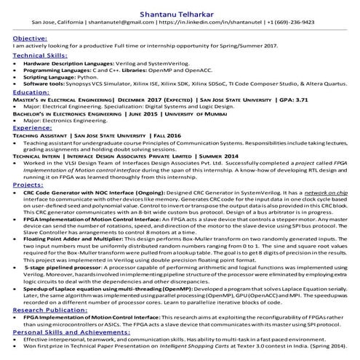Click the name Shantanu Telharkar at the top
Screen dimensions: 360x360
point(180,9)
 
